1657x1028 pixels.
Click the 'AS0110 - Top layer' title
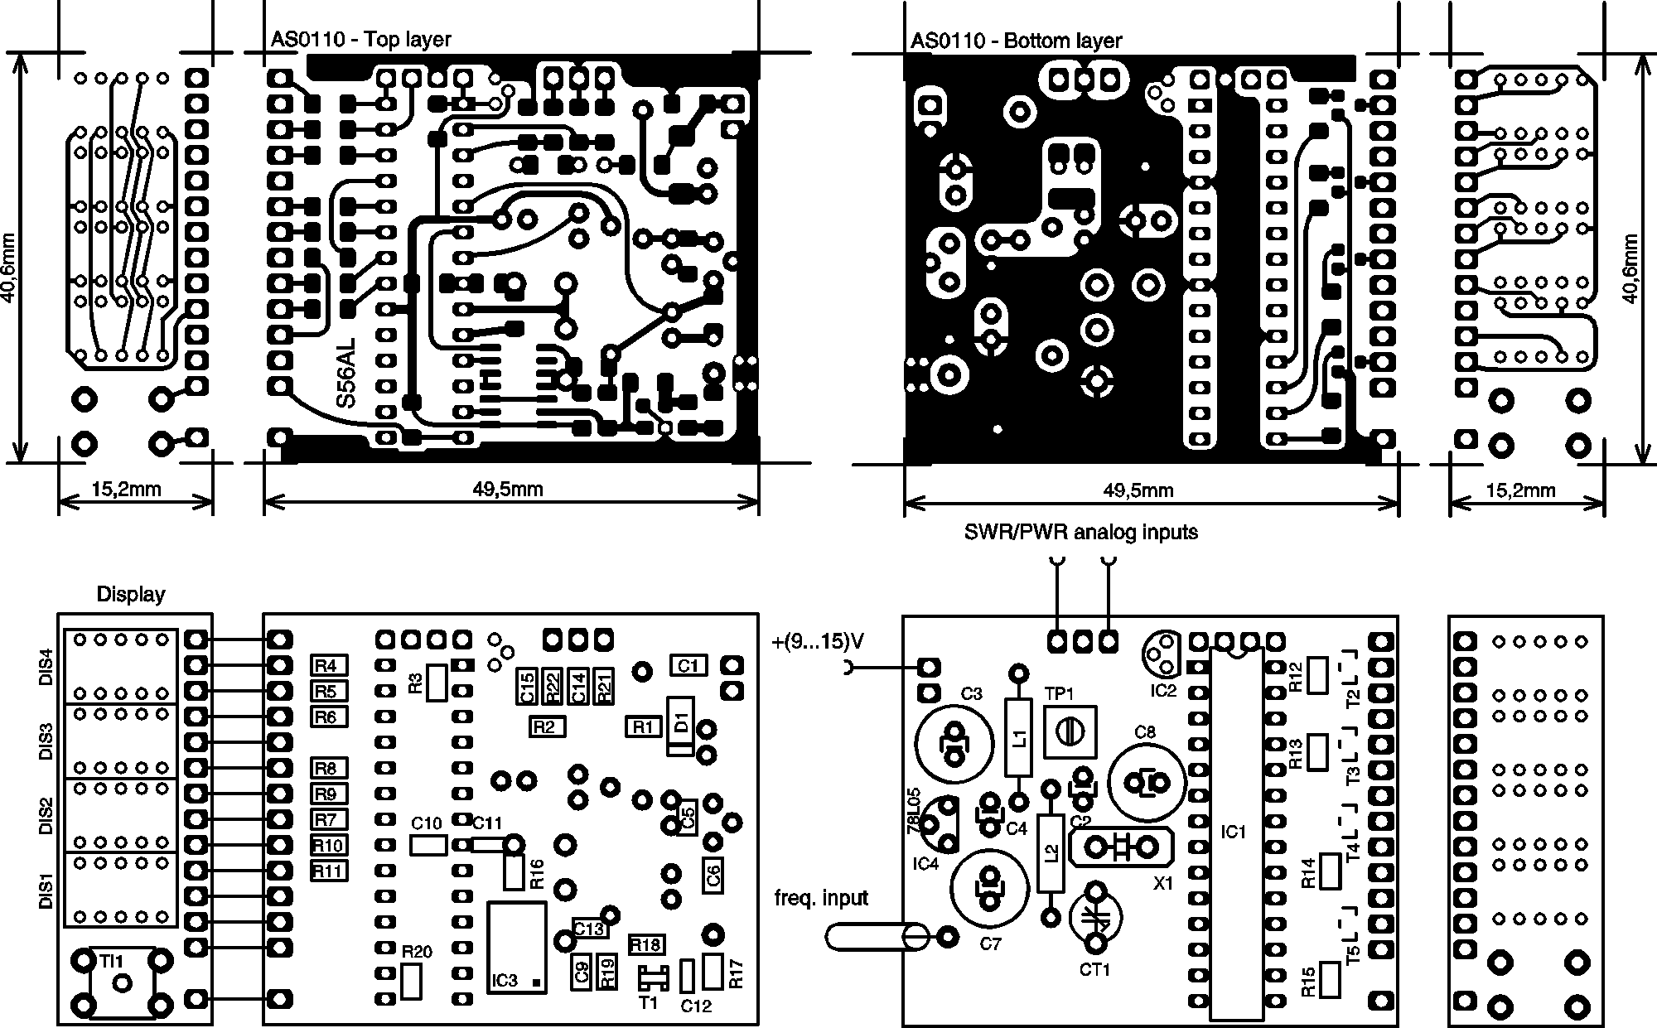[360, 40]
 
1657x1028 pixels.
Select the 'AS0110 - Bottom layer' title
[1016, 41]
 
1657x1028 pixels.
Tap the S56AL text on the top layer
[346, 372]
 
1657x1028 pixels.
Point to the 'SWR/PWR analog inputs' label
[1080, 532]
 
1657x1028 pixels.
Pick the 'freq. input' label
[821, 897]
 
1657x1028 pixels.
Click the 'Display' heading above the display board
[130, 594]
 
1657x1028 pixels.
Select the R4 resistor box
[329, 665]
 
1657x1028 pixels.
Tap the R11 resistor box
[329, 871]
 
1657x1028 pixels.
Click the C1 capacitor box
[688, 665]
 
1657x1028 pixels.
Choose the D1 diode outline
[680, 726]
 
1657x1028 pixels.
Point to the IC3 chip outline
[517, 948]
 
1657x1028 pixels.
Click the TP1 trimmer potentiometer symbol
[1070, 731]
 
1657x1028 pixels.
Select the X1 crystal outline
[1122, 847]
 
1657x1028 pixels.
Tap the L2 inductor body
[1051, 853]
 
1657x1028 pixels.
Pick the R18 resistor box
[646, 945]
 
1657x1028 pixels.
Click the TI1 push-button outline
[122, 982]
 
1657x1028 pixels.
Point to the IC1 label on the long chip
[1234, 831]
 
